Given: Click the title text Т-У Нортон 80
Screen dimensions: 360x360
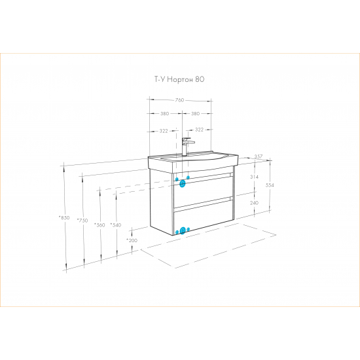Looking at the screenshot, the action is pyautogui.click(x=179, y=79).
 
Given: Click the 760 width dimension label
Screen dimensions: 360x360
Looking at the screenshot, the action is pyautogui.click(x=179, y=100).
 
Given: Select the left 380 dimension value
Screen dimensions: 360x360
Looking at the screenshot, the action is pyautogui.click(x=164, y=113).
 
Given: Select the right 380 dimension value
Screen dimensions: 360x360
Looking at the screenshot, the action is pyautogui.click(x=196, y=113).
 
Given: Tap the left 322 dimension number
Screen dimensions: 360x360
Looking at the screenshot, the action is pyautogui.click(x=164, y=131).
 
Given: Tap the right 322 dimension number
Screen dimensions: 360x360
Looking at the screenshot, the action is pyautogui.click(x=199, y=130).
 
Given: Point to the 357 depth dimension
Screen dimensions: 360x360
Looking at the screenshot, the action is pyautogui.click(x=259, y=156).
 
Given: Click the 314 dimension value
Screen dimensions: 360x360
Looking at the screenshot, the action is pyautogui.click(x=254, y=177).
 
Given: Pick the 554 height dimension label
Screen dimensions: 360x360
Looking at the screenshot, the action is pyautogui.click(x=270, y=185).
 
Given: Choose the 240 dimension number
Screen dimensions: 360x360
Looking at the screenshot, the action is pyautogui.click(x=254, y=203).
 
